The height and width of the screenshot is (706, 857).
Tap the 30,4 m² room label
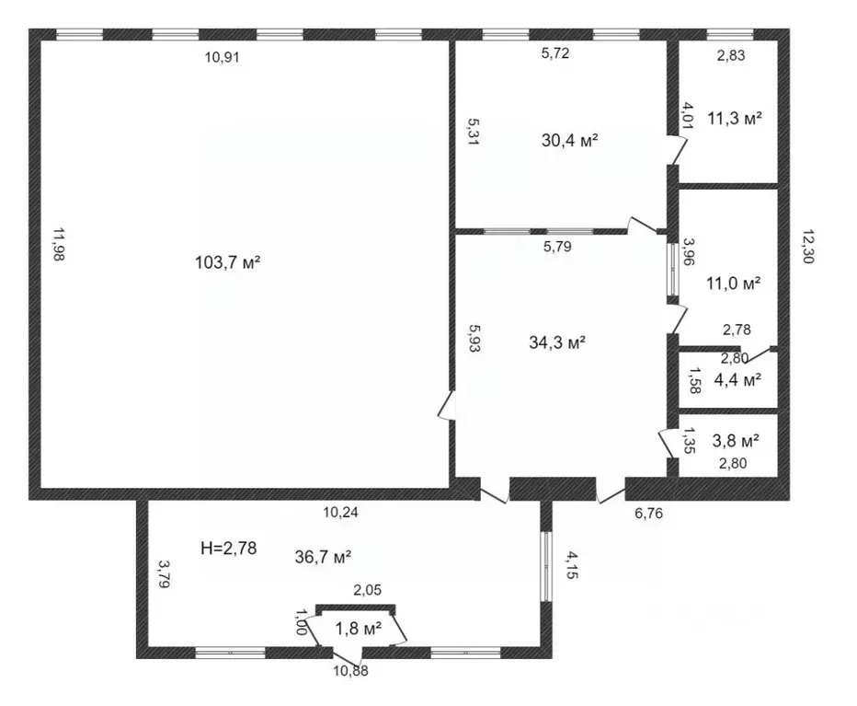[570, 140]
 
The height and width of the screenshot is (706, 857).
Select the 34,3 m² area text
[558, 342]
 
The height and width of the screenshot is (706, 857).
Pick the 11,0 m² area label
[733, 284]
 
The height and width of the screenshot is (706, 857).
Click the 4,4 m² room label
[737, 377]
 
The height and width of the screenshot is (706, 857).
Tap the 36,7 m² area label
[323, 556]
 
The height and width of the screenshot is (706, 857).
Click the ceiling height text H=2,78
[228, 549]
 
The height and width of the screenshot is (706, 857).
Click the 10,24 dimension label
[341, 514]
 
